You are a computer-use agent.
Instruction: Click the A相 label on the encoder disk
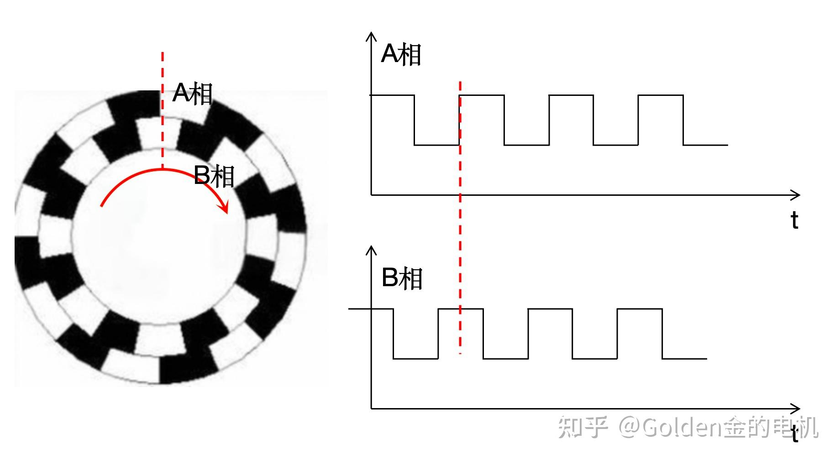(192, 94)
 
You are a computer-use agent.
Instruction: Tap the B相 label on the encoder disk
(214, 176)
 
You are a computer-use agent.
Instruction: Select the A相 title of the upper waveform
(400, 54)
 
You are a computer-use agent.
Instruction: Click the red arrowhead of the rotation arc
(224, 208)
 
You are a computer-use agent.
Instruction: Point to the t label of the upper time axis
(794, 220)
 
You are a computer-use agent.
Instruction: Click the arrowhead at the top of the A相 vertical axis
(371, 37)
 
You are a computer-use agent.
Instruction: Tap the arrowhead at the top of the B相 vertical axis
(371, 250)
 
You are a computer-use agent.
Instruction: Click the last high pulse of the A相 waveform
(661, 96)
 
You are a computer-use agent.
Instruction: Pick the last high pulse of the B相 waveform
(640, 309)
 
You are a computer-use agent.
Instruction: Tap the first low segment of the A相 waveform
(436, 145)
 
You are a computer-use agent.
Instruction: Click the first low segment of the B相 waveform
(415, 358)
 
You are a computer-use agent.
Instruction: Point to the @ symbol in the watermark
(630, 428)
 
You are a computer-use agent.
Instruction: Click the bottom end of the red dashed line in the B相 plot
(460, 352)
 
